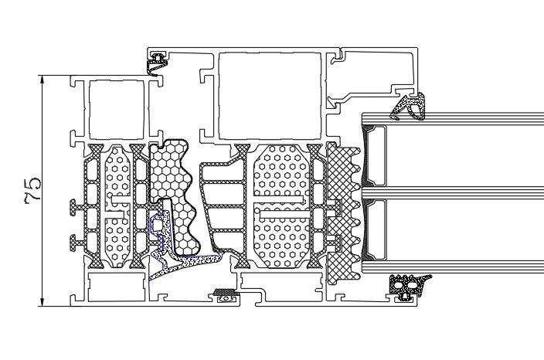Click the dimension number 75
33,190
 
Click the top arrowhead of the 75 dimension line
42,80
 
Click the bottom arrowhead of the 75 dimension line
42,302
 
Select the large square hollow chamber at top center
270,96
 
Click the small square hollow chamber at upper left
117,109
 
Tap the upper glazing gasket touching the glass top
409,106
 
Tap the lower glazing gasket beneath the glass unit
406,286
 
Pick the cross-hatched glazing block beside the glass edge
343,213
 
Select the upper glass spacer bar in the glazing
375,155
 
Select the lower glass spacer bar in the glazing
375,229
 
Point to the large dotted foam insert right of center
281,207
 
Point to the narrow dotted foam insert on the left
117,207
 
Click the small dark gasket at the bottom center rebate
226,294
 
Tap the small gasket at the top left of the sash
158,63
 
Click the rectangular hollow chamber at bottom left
117,287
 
